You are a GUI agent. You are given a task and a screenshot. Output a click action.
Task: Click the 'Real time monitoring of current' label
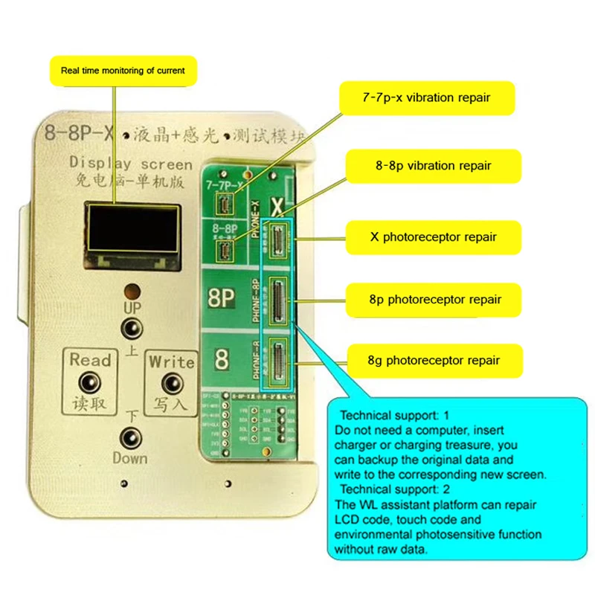(123, 71)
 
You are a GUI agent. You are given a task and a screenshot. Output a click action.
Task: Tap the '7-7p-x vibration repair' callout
(426, 97)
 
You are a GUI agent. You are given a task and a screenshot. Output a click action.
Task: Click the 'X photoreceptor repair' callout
(434, 237)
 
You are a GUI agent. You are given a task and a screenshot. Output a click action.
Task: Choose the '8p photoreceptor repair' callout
(435, 299)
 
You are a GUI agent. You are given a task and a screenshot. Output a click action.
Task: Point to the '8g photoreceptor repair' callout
(435, 361)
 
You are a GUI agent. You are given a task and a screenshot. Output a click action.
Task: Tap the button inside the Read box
(91, 382)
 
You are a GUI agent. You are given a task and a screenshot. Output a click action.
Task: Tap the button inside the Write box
(173, 382)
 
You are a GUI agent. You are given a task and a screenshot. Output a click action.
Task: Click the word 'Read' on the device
(90, 360)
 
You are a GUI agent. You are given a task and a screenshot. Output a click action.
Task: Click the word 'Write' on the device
(172, 361)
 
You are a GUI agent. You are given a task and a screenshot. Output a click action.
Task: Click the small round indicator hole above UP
(132, 290)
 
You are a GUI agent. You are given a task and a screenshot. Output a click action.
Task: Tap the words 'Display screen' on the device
(130, 164)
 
